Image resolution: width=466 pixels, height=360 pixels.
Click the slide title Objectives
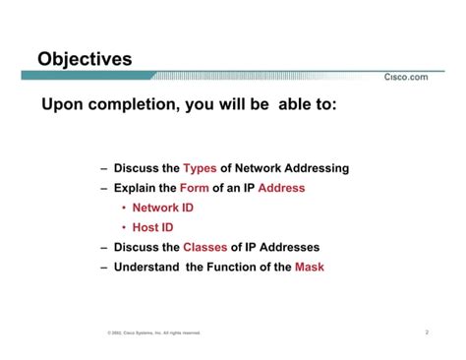(85, 60)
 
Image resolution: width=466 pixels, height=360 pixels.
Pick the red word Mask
(309, 267)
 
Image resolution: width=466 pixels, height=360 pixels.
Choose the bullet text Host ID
(153, 227)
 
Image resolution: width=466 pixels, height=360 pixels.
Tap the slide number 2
(427, 332)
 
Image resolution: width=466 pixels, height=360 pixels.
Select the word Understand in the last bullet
(147, 267)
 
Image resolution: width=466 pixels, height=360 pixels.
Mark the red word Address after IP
(281, 188)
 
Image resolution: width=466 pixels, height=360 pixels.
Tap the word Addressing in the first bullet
(315, 168)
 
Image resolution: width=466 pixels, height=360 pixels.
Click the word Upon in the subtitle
(61, 104)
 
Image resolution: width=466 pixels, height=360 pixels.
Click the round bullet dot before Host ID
(124, 227)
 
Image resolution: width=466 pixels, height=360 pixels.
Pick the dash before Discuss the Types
(103, 168)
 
